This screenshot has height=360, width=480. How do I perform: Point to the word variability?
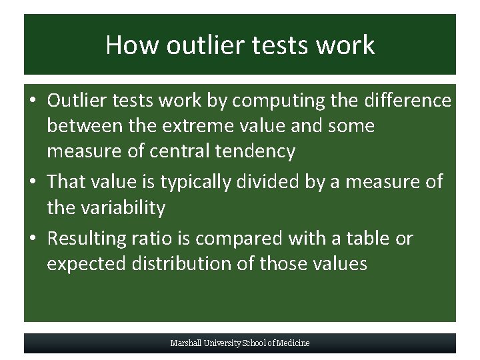123,207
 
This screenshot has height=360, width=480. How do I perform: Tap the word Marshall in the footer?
184,343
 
